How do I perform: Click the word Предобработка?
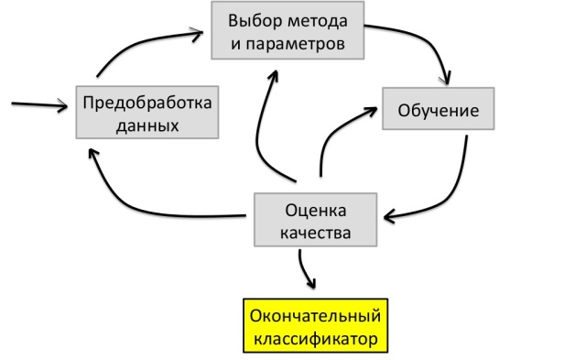tap(146, 102)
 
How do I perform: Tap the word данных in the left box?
tap(146, 124)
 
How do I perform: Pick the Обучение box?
tap(439, 111)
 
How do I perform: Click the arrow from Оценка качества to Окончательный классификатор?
tap(305, 269)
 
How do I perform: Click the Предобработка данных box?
tap(146, 113)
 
